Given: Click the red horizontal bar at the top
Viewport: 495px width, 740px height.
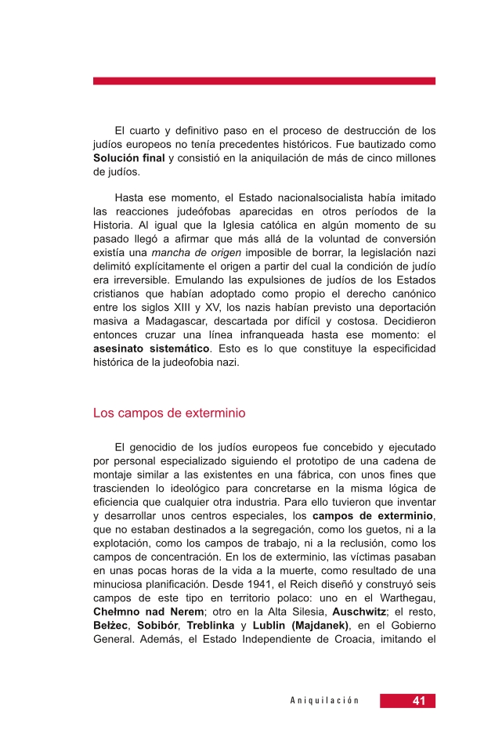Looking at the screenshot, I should coord(264,81).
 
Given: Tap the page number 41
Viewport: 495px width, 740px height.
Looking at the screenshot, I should coord(419,701).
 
